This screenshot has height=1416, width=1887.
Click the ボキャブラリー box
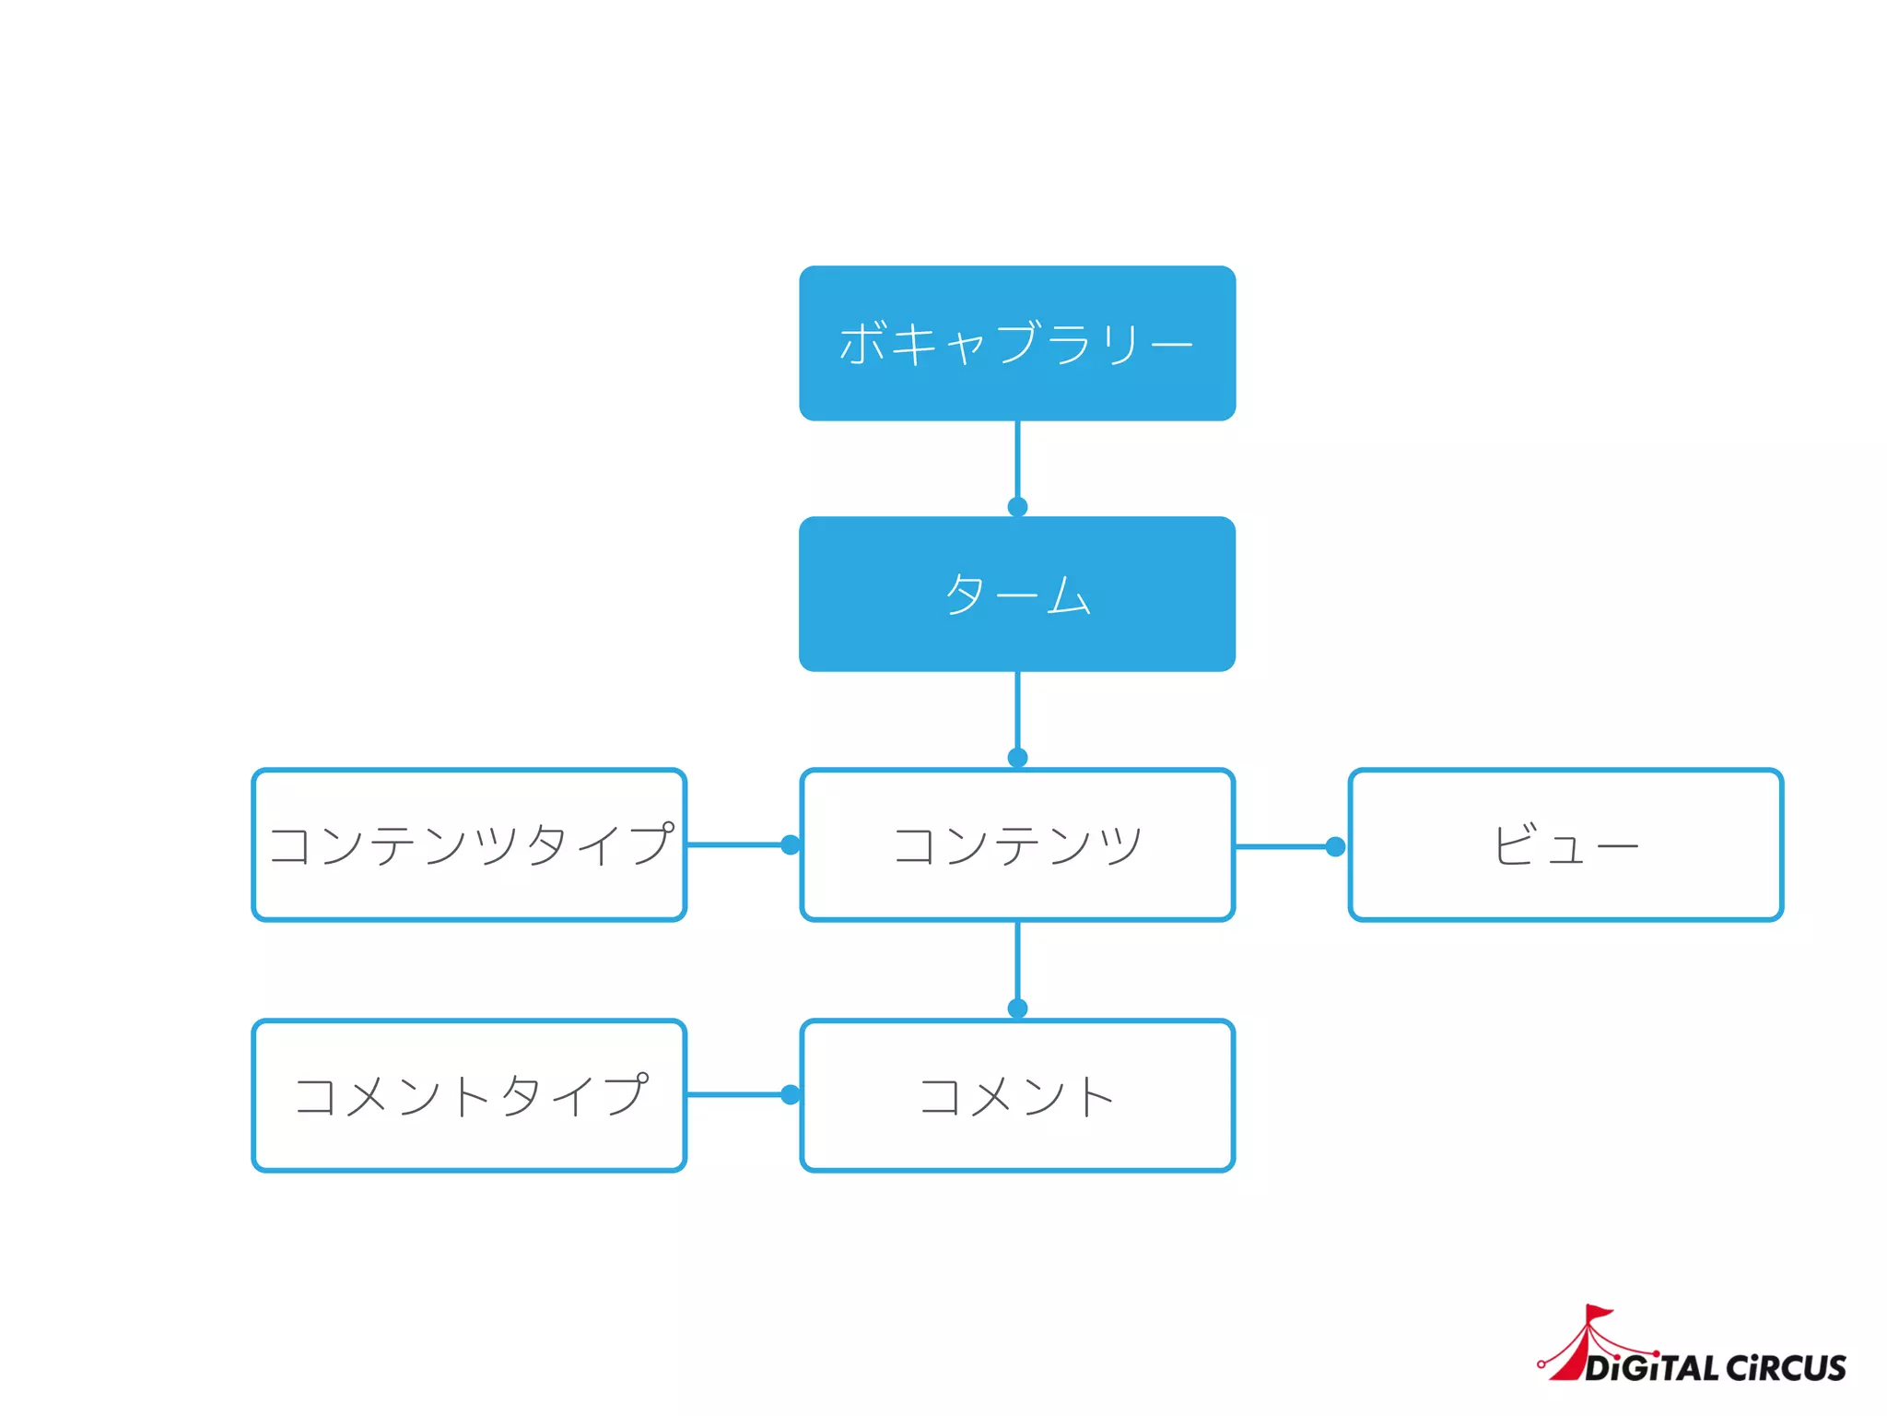pos(1017,343)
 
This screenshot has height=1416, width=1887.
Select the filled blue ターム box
pos(1017,594)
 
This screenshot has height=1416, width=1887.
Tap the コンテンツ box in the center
pos(1017,844)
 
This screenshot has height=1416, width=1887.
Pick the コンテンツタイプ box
pos(469,844)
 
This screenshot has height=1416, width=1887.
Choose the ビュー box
pos(1565,844)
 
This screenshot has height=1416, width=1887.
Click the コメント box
pos(1017,1095)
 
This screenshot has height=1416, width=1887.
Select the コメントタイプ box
pos(469,1095)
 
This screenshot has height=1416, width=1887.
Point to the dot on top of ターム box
pos(1017,507)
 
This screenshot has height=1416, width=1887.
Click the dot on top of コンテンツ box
pos(1017,758)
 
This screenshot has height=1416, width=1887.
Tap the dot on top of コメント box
pos(1017,1009)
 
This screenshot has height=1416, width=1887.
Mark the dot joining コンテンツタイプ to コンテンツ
pos(791,844)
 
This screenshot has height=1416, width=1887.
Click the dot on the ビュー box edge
pos(1335,846)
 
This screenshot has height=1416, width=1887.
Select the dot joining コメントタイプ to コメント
pos(791,1094)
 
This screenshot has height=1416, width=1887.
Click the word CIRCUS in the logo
pos(1786,1368)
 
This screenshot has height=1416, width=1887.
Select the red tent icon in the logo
pos(1583,1346)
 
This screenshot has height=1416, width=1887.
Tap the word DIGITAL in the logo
pos(1651,1368)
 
